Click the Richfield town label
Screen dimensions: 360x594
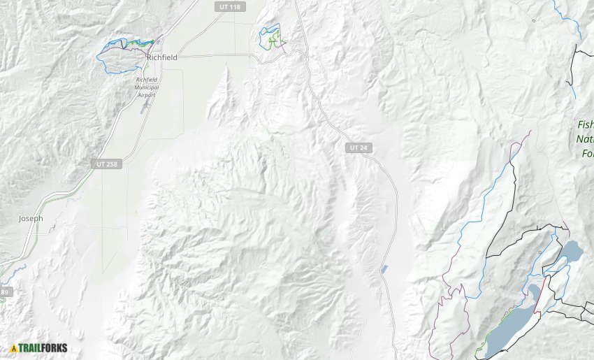(x=162, y=58)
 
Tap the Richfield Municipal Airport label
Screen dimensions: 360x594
(x=147, y=87)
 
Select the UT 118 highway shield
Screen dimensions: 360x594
(x=230, y=6)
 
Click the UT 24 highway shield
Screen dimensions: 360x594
(x=358, y=148)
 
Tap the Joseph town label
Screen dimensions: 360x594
(x=31, y=219)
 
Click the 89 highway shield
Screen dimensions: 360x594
(x=4, y=291)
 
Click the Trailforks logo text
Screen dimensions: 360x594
(x=45, y=347)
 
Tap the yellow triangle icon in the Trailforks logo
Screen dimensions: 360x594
(x=13, y=347)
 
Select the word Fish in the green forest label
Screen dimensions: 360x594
(x=586, y=124)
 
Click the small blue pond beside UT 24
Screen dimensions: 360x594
(x=384, y=269)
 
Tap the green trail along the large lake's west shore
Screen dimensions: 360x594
(x=481, y=346)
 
